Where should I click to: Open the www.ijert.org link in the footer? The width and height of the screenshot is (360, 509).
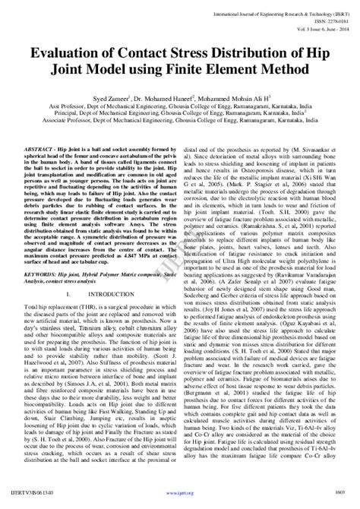click(x=179, y=499)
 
